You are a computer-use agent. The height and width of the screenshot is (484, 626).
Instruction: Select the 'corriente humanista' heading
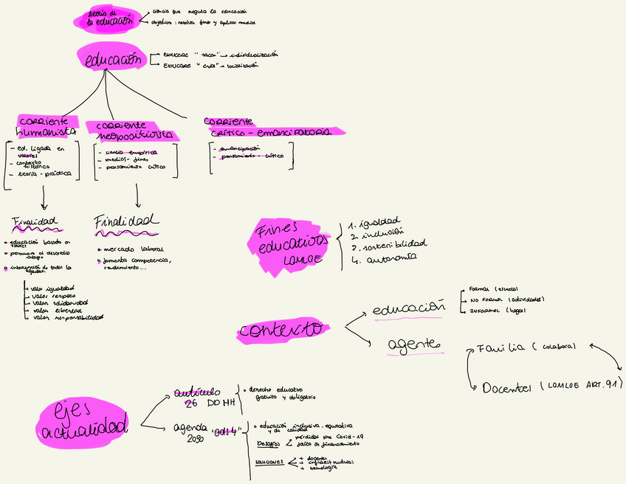point(46,127)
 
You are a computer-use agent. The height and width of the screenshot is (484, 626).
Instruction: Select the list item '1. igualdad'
point(376,221)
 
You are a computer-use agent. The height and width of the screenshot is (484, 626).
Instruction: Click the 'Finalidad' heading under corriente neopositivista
point(127,221)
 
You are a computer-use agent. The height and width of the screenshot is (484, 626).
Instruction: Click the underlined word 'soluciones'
point(269,462)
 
